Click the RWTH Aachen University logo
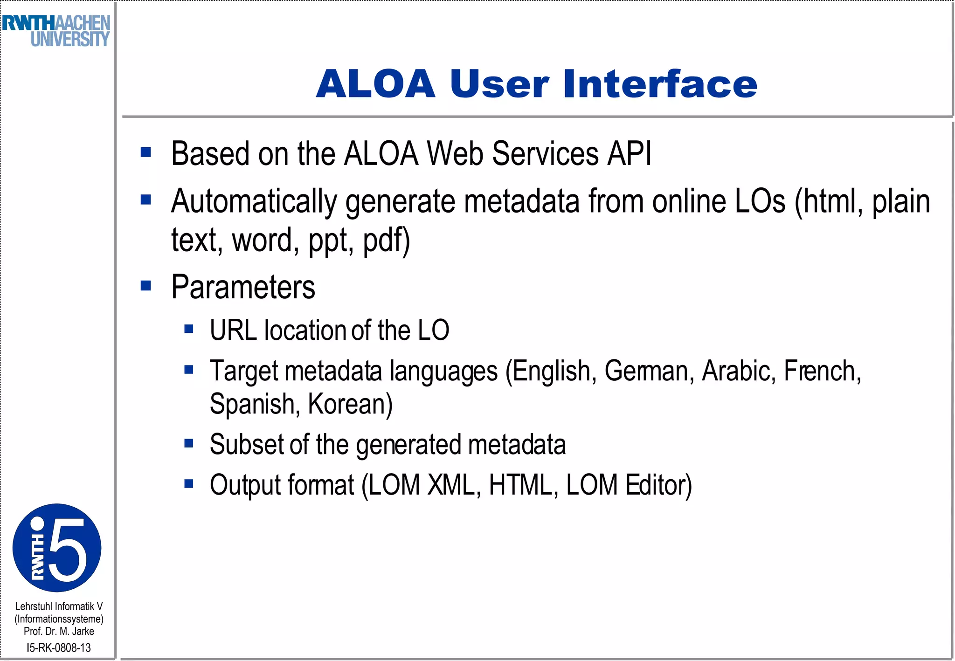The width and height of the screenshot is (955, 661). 56,31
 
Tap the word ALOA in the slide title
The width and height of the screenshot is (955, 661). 376,84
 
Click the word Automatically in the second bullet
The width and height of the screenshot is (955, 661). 254,202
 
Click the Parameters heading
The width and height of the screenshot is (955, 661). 243,287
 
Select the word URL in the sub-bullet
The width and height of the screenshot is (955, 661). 233,330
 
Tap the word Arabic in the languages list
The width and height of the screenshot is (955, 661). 739,372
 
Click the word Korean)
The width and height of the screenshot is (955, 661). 350,404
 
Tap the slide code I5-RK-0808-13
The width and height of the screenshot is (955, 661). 59,647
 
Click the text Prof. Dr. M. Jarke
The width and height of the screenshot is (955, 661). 59,631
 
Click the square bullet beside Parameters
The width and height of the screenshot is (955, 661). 146,285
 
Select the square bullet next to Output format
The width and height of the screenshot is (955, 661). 189,484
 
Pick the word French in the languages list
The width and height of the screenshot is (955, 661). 822,372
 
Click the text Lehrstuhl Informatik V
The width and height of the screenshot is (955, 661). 59,606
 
